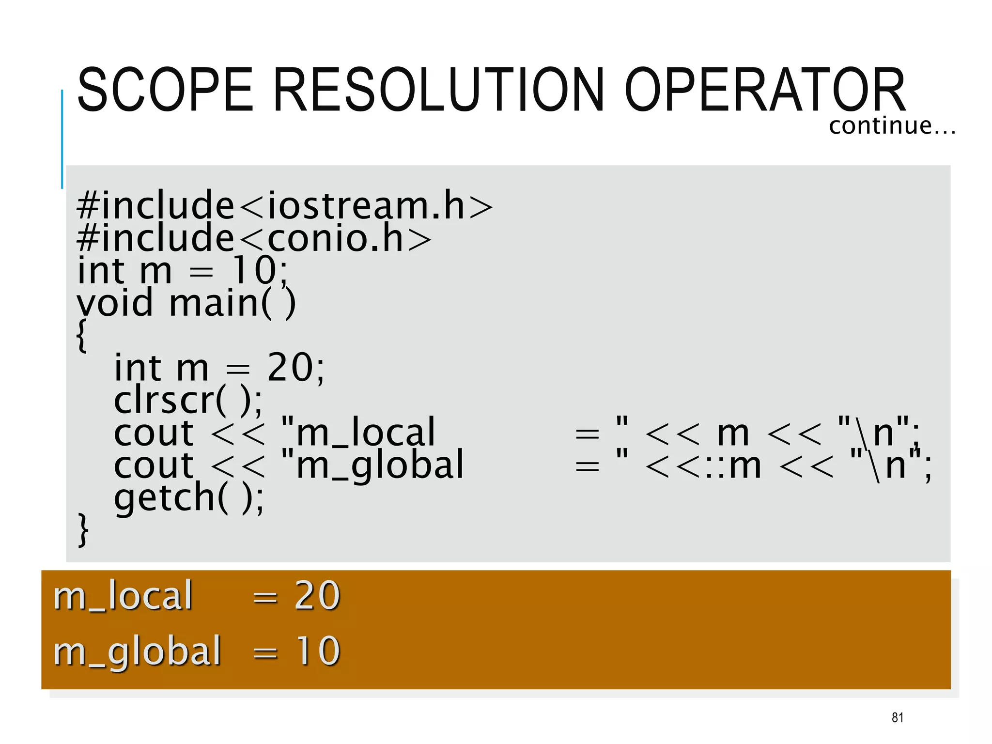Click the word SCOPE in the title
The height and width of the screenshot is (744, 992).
165,90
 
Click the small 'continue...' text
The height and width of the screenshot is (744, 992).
892,126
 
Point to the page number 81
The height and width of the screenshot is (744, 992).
897,717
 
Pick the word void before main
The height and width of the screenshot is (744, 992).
115,303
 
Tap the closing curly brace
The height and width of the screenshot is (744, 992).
83,529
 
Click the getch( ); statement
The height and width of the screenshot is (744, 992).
189,497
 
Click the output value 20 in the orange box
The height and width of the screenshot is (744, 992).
317,595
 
